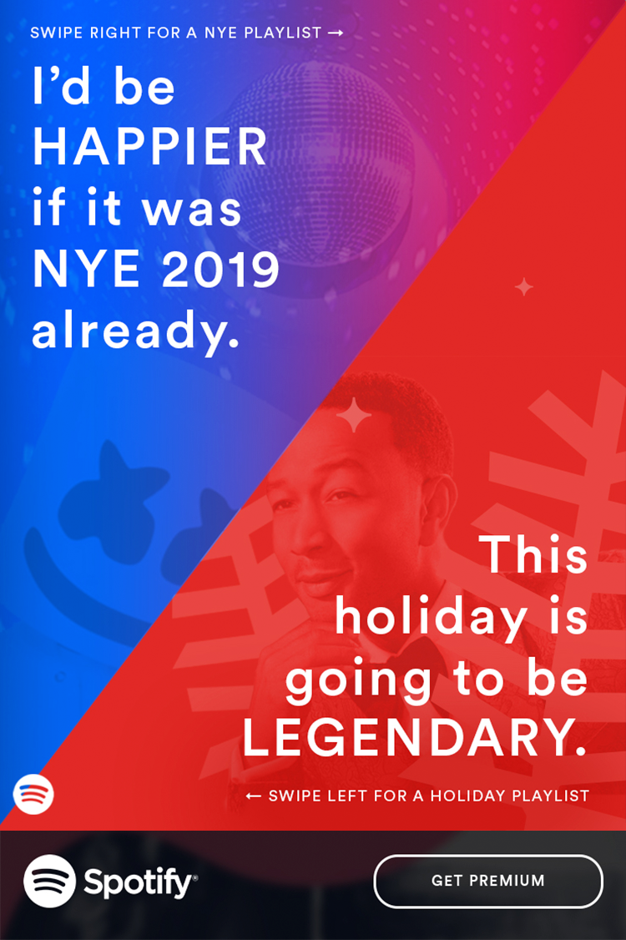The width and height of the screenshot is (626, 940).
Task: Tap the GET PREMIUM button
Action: tap(488, 881)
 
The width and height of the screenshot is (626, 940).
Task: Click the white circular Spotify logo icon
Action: tap(50, 881)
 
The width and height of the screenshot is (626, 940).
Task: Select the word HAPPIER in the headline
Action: tap(149, 147)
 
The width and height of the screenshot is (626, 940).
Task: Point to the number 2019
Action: tap(220, 269)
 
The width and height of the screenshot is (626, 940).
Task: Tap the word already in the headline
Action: tap(135, 331)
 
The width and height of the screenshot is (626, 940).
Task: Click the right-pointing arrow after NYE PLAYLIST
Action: tap(336, 33)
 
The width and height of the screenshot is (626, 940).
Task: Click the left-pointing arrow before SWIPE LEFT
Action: tap(254, 796)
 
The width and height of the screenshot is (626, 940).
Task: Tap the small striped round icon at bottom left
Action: tap(33, 794)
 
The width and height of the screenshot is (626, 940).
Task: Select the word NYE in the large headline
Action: tap(86, 269)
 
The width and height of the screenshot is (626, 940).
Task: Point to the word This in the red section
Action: tap(536, 554)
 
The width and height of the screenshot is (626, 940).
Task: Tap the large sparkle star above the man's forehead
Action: tap(354, 414)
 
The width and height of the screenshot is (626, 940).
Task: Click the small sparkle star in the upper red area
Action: tap(524, 287)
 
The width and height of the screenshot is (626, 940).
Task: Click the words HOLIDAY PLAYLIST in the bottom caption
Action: tap(510, 796)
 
